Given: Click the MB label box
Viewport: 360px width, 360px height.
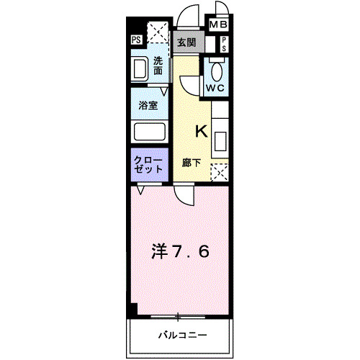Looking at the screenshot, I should [217, 25].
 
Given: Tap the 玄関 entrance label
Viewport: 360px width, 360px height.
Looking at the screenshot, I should [186, 42].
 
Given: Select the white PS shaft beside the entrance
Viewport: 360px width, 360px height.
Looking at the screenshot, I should [224, 42].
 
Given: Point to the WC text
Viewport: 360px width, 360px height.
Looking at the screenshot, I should [215, 88].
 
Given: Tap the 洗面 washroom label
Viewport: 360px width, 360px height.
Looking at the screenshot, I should [158, 66].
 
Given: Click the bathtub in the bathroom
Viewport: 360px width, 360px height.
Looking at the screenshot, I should [150, 132].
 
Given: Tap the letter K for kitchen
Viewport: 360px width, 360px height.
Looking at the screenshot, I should [201, 132].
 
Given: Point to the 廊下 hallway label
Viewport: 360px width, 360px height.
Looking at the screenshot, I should [191, 163].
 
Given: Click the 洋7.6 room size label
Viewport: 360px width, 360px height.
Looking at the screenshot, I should [181, 253].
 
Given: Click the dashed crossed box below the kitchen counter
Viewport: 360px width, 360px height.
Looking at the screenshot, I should [219, 171].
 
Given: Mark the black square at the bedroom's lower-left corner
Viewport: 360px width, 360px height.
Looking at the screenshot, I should [132, 310].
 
